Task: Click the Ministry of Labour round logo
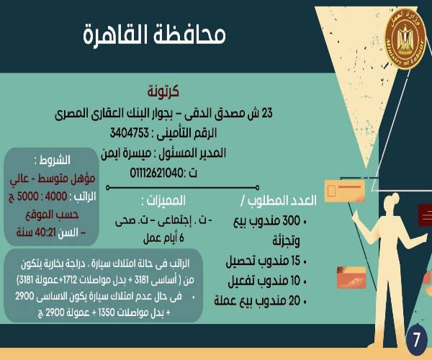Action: pos(405,39)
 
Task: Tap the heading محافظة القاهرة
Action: pos(154,35)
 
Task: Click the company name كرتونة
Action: pos(163,91)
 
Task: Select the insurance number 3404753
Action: pos(129,133)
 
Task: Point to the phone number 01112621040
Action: pos(156,174)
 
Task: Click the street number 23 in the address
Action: pos(266,113)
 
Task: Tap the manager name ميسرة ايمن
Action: pos(126,153)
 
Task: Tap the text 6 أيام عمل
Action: pos(163,238)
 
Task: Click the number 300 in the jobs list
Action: pos(292,221)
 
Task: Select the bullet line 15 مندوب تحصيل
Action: pos(266,261)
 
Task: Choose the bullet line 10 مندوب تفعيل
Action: pos(267,281)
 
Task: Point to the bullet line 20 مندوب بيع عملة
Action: pos(261,301)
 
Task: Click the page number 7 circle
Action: pos(416,340)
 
